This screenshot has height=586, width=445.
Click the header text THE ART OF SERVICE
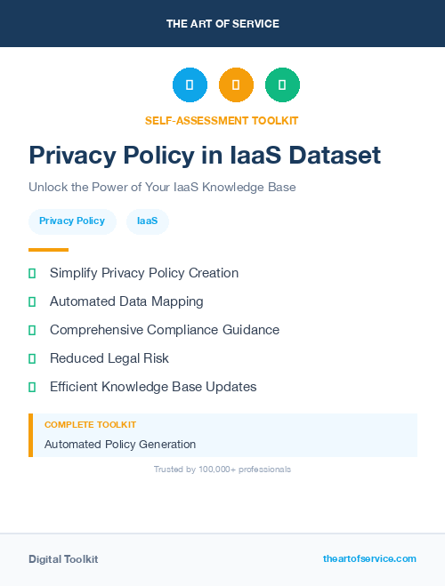222,24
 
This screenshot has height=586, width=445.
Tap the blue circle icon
190,84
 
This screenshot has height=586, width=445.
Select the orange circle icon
236,84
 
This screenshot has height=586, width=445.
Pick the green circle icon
282,84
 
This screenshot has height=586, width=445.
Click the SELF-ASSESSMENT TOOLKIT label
222,120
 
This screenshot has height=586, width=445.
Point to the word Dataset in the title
332,156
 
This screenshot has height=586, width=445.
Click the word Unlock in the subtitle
48,188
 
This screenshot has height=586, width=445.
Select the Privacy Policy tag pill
72,221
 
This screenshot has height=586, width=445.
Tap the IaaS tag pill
147,221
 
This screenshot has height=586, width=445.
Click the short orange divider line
48,250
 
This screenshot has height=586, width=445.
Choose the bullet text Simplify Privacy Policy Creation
144,273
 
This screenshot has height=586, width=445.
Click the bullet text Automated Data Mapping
126,301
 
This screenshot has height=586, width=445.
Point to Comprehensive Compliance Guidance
165,330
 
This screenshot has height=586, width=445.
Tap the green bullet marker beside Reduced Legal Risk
32,358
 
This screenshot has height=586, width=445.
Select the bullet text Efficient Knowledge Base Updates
153,387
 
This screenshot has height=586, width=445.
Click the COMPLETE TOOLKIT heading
90,425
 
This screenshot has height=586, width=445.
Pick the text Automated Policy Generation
120,445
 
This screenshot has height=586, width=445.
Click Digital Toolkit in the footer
63,559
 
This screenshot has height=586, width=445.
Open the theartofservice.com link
369,558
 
